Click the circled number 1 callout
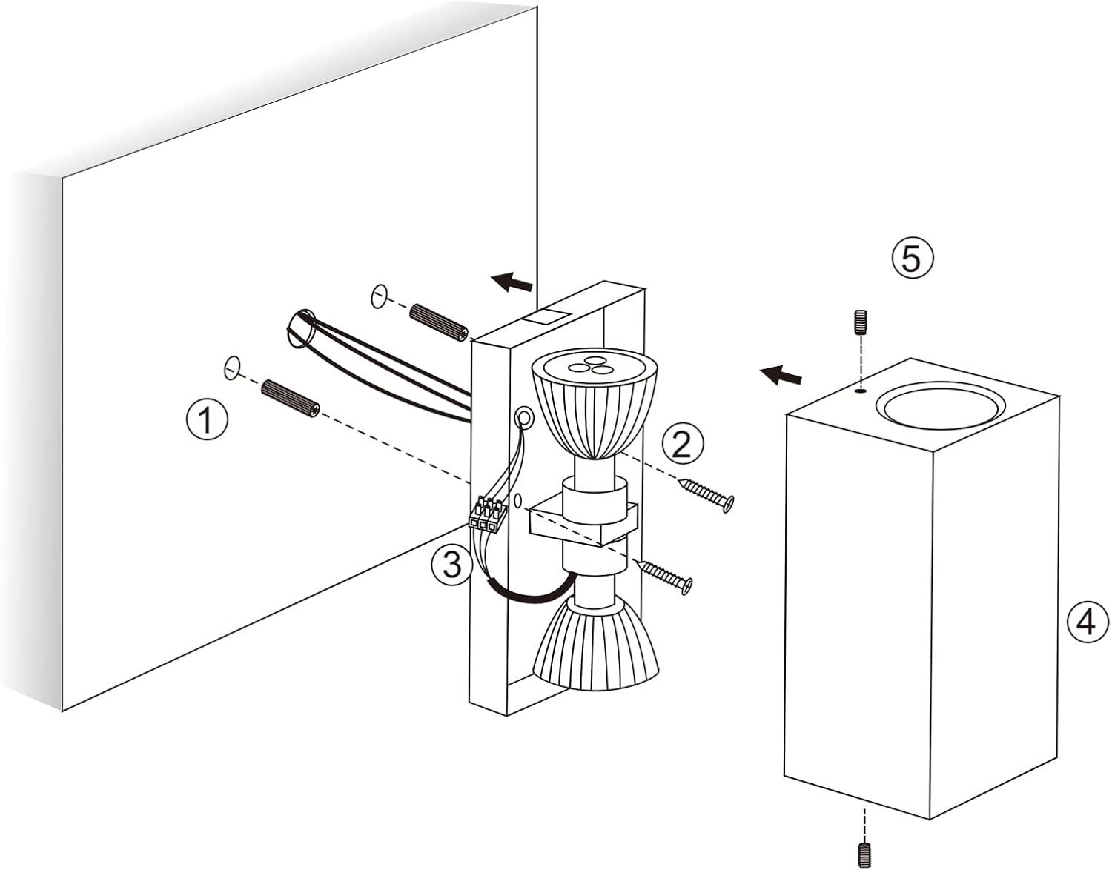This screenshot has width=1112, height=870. tap(207, 420)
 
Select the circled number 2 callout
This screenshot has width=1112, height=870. tap(682, 442)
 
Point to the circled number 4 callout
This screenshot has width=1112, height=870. tap(1085, 622)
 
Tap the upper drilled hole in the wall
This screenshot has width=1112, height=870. tap(379, 296)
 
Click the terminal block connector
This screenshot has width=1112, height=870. tap(488, 514)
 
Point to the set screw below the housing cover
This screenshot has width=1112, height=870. tap(865, 854)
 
